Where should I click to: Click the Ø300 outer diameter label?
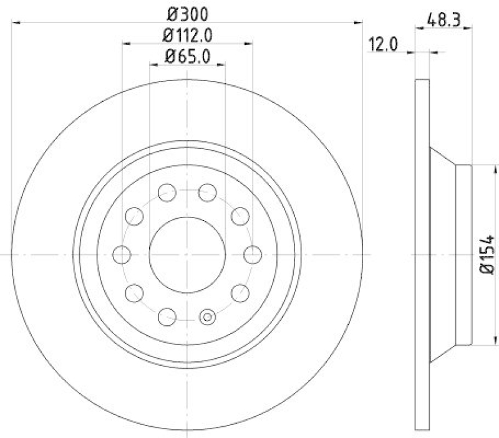click(x=187, y=13)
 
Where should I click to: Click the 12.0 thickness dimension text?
click(x=382, y=45)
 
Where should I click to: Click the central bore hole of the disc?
click(x=187, y=254)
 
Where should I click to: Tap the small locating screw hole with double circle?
click(x=207, y=317)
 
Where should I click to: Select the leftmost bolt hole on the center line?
click(x=122, y=254)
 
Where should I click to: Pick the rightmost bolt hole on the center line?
click(x=252, y=254)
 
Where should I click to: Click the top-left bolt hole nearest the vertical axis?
click(x=167, y=192)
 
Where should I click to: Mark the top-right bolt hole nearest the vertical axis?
click(x=207, y=192)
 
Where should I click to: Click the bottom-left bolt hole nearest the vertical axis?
click(x=167, y=317)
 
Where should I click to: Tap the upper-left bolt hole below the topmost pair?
click(x=133, y=216)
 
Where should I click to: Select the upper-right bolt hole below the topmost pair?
click(x=240, y=216)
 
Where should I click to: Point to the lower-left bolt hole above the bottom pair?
click(x=133, y=292)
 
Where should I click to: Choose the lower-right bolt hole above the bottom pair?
click(x=240, y=292)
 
